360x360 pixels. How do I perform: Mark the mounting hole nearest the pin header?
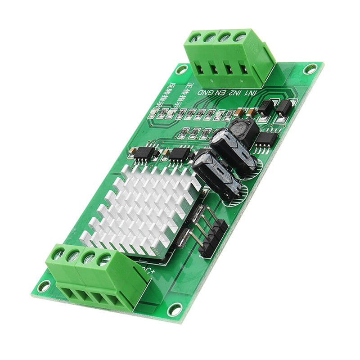pyautogui.click(x=175, y=309)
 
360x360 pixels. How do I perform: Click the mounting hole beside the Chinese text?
pyautogui.click(x=182, y=69)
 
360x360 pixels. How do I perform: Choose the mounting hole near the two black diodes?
pyautogui.click(x=310, y=68)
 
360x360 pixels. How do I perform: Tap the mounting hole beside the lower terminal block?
pyautogui.click(x=44, y=286)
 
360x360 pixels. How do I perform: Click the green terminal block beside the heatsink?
pyautogui.click(x=97, y=277)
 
